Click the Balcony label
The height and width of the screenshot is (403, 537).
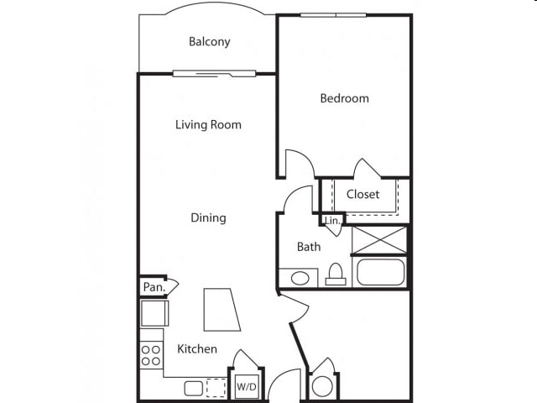[209, 41]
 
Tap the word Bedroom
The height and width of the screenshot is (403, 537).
[345, 98]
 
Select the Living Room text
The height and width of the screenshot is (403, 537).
[208, 124]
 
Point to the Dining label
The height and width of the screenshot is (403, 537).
[208, 217]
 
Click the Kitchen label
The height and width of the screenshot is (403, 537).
[197, 349]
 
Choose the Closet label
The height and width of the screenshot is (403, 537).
[362, 194]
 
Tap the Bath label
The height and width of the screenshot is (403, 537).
[309, 247]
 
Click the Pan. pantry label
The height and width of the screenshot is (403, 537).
[154, 287]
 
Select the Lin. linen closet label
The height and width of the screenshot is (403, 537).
[332, 220]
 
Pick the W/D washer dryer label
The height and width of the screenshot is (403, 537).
[247, 387]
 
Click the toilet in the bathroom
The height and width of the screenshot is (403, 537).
[336, 275]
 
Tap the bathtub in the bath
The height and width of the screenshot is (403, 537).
[380, 272]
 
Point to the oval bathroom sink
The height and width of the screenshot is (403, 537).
[300, 278]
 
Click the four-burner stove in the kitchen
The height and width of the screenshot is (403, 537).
[151, 355]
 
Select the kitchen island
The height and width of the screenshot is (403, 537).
[222, 310]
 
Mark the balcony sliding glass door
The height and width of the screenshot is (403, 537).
[215, 73]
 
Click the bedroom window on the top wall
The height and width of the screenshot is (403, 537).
[333, 15]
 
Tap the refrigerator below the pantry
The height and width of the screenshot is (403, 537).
[154, 313]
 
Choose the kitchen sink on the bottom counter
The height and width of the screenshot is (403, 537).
[194, 389]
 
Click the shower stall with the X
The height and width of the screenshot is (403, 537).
[380, 240]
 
